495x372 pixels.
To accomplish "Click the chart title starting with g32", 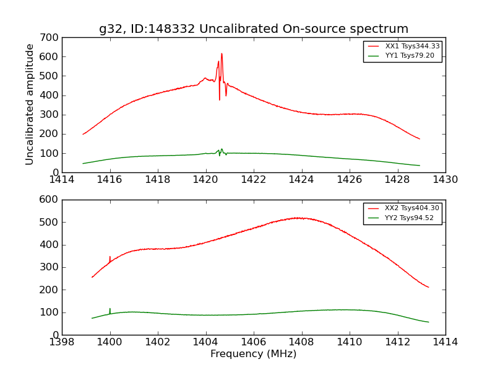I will tap(254, 29).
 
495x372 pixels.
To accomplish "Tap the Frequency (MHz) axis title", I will tap(254, 354).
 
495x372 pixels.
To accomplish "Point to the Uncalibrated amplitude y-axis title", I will tap(30, 104).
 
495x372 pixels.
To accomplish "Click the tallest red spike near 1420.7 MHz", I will tap(222, 54).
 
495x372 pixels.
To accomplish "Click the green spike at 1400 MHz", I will tap(110, 309).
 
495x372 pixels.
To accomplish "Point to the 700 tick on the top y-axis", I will tap(51, 37).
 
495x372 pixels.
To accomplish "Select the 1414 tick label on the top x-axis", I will tap(62, 180).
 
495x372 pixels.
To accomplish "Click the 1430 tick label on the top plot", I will tap(445, 180).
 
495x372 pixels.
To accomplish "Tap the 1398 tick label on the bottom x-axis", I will tap(62, 342).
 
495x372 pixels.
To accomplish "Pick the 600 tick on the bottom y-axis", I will tap(51, 200).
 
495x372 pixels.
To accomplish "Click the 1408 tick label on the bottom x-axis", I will tap(302, 342).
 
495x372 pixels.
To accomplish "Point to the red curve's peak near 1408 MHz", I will tap(298, 218).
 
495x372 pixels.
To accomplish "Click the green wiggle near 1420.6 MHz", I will tap(221, 151).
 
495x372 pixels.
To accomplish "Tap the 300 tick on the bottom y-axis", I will tap(51, 267).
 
